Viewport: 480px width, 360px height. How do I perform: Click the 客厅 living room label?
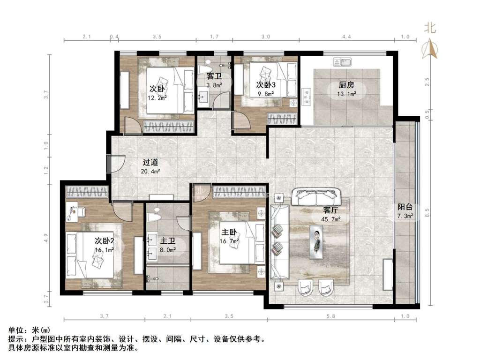tap(330, 210)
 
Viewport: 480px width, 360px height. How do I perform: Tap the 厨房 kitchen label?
tap(346, 84)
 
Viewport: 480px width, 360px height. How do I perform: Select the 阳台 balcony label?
tap(405, 207)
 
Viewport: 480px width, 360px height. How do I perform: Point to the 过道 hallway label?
tap(150, 163)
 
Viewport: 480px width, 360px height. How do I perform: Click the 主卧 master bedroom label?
tap(229, 232)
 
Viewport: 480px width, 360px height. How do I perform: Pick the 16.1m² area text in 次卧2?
tap(105, 250)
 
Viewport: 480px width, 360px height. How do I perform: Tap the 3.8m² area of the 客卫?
tap(214, 85)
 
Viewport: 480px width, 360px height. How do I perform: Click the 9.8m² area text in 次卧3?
tap(265, 94)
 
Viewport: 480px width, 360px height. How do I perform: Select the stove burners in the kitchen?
tap(306, 97)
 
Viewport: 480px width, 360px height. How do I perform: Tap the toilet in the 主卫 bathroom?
tap(155, 216)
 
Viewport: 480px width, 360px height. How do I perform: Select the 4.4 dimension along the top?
tap(346, 37)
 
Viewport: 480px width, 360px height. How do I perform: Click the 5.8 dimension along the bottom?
tap(331, 316)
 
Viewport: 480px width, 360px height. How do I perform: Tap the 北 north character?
tap(430, 28)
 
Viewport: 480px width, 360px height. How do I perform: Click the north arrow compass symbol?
tap(430, 49)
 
